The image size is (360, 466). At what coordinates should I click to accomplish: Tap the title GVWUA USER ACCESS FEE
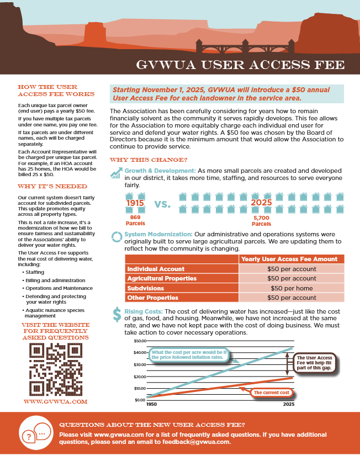[240, 65]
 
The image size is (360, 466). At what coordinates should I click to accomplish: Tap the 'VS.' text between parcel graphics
[162, 204]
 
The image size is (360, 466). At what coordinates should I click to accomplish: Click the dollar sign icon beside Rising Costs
[117, 314]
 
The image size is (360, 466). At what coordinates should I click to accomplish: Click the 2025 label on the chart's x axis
[288, 405]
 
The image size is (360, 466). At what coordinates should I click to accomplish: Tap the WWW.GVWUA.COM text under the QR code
[54, 401]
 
